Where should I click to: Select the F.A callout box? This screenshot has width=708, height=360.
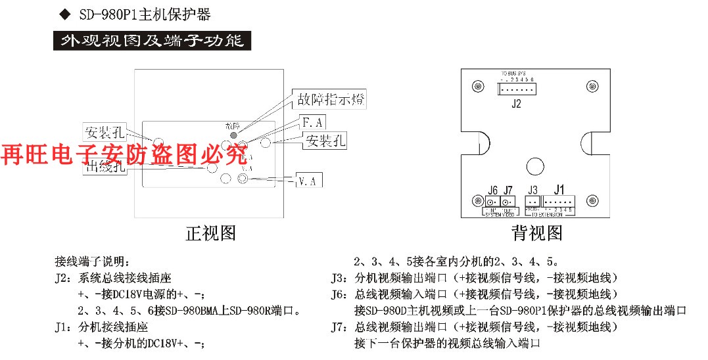(312, 122)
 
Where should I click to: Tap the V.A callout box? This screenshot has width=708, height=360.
(306, 180)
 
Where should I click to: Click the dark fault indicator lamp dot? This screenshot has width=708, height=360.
(233, 135)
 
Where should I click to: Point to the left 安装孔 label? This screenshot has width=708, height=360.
(104, 131)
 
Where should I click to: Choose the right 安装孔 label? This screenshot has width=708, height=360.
(324, 140)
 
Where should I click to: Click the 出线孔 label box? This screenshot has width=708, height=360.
(105, 167)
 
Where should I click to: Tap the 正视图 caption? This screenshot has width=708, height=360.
(210, 233)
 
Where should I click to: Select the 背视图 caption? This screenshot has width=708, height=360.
(537, 233)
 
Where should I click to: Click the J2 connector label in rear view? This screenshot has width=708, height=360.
(516, 103)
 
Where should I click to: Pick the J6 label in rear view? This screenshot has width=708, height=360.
(493, 191)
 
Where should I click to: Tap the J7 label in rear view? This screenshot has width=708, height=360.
(507, 191)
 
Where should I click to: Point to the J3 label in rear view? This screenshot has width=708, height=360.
(532, 191)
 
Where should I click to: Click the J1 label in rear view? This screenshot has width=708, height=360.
(559, 190)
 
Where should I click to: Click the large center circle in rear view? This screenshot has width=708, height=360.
(536, 166)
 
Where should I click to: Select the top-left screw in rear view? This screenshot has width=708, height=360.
(476, 87)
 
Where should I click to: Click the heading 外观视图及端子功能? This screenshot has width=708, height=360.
(152, 41)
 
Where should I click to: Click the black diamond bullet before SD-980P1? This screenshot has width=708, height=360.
(64, 14)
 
